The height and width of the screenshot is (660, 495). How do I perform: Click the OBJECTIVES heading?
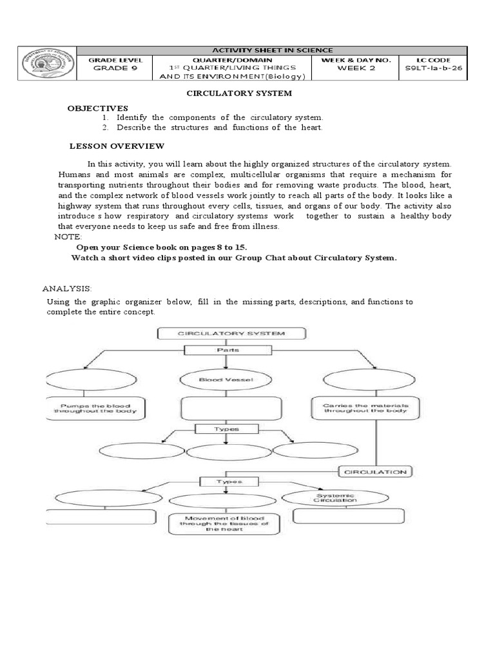pyautogui.click(x=98, y=108)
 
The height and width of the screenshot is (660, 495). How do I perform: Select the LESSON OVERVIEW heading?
pyautogui.click(x=117, y=146)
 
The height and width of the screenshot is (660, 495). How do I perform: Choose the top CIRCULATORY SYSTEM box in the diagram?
pyautogui.click(x=231, y=333)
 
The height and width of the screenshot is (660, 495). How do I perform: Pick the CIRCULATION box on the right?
pyautogui.click(x=375, y=472)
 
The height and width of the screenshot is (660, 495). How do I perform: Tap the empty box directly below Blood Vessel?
pyautogui.click(x=231, y=408)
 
